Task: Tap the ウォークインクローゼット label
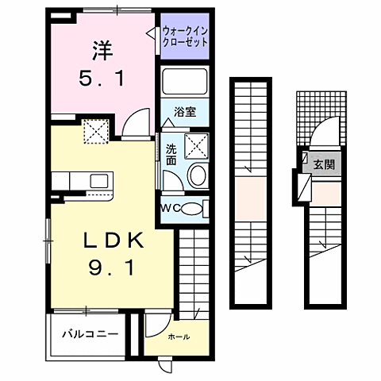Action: (185, 37)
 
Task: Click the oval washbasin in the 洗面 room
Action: (196, 175)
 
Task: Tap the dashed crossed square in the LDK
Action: (97, 131)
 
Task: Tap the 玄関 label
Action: (324, 165)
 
